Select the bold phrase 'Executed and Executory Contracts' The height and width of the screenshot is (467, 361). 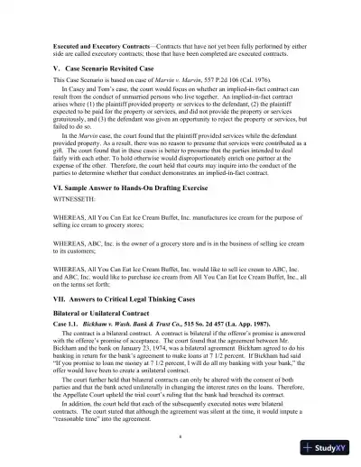tap(98, 43)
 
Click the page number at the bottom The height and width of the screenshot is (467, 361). tap(180, 435)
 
